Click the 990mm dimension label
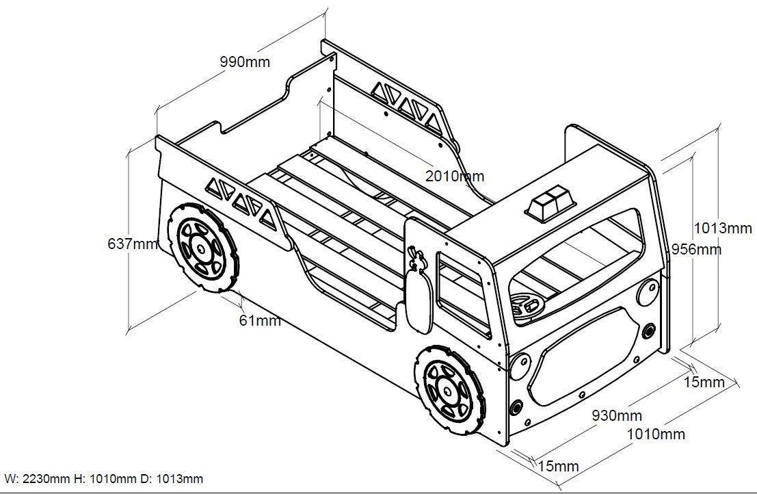[245, 62]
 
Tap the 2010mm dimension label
[454, 176]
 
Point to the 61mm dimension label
[260, 320]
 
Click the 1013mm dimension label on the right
[723, 228]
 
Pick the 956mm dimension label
[697, 249]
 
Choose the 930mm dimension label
[617, 415]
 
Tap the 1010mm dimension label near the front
[656, 434]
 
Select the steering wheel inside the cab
[527, 307]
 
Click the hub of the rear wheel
[201, 248]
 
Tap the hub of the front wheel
[449, 389]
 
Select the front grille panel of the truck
[582, 355]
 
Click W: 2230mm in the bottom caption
[38, 479]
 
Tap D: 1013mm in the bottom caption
[172, 479]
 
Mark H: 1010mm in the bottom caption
[105, 479]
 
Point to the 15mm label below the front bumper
[558, 466]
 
